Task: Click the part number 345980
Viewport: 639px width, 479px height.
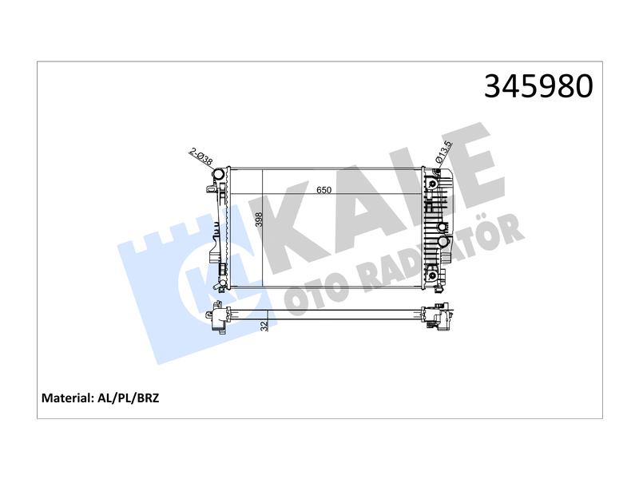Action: click(x=538, y=86)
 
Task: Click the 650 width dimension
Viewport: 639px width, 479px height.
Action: click(x=324, y=190)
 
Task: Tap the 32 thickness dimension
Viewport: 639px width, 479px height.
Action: click(x=264, y=326)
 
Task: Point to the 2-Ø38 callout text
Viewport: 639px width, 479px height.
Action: click(x=201, y=156)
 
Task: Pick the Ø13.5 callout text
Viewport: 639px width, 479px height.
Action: click(x=444, y=152)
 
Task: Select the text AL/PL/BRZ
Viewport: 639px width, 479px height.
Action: click(x=129, y=398)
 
